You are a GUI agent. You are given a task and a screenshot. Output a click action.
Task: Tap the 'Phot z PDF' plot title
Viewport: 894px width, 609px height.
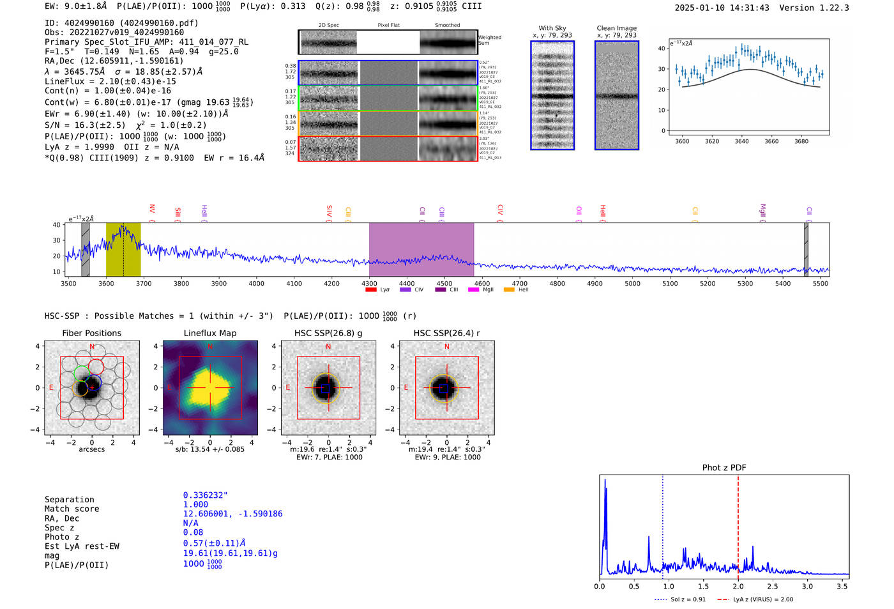[x=724, y=467]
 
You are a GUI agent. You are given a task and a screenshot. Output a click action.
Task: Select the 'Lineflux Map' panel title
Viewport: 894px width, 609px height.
[x=209, y=333]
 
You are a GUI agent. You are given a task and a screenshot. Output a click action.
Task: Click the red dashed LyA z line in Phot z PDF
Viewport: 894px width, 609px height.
[x=738, y=524]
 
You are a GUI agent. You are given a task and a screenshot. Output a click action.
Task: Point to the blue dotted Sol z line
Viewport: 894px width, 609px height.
[x=663, y=524]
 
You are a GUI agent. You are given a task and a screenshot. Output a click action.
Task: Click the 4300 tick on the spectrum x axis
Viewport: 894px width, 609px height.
[x=369, y=283]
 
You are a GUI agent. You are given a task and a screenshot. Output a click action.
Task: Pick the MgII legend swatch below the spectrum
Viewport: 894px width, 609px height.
[x=473, y=289]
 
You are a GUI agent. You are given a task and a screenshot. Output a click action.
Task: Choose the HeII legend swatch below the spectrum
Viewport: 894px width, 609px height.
[x=509, y=289]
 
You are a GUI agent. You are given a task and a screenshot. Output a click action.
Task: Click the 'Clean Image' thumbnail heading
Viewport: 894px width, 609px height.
[x=616, y=28]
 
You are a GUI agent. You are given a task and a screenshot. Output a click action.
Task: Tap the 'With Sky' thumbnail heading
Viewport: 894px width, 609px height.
[x=552, y=28]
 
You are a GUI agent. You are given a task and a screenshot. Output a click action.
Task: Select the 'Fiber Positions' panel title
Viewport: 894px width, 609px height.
[x=91, y=333]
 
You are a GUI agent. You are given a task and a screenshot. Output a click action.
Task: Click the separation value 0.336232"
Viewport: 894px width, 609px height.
[x=205, y=495]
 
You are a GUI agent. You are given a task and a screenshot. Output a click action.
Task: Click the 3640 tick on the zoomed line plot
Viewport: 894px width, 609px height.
[x=741, y=141]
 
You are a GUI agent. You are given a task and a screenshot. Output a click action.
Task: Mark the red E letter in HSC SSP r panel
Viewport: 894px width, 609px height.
[x=406, y=387]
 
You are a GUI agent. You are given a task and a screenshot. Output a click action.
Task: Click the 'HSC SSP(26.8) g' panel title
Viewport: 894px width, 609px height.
[x=328, y=333]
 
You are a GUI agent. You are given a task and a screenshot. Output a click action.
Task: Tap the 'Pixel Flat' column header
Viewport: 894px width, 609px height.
[x=388, y=25]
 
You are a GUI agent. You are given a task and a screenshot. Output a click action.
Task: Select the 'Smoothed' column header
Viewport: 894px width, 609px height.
[x=447, y=25]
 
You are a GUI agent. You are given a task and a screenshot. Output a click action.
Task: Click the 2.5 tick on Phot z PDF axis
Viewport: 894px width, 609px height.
[x=773, y=586]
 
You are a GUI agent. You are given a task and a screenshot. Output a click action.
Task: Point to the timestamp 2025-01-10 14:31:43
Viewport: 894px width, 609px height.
[x=722, y=8]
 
